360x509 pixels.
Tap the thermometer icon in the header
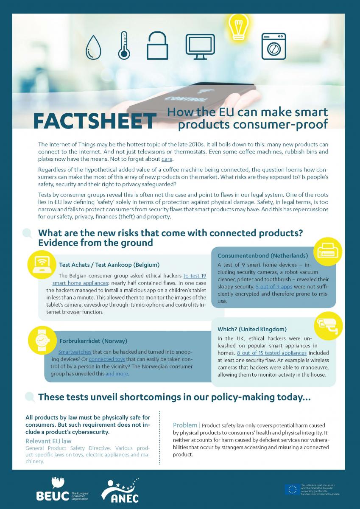point(124,45)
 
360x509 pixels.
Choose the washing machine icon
point(273,46)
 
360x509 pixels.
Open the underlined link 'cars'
point(167,159)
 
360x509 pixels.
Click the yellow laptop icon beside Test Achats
point(40,264)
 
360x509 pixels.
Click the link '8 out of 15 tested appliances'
point(271,352)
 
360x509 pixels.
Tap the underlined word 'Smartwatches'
point(74,352)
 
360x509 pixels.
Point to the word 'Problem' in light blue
point(185,425)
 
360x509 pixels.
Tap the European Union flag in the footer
point(292,489)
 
